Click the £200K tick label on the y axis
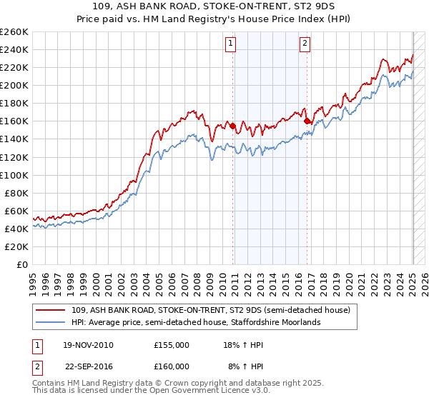[14, 85]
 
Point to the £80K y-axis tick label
[16, 193]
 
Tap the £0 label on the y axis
[24, 264]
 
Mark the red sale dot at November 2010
[233, 126]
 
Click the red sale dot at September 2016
[307, 121]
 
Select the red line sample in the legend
[51, 310]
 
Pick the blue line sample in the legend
[51, 322]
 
